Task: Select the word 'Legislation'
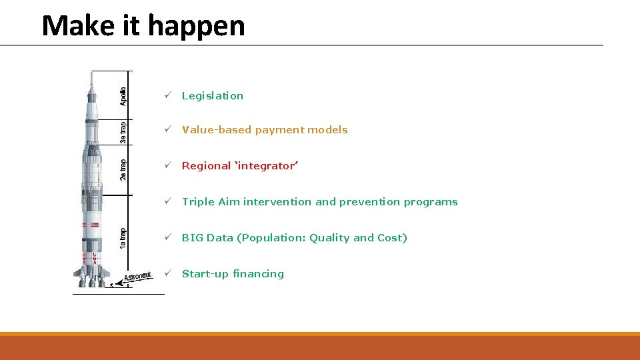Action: coord(213,96)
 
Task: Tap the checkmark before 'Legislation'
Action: coord(169,96)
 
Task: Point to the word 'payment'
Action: coord(283,130)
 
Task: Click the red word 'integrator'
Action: coord(266,166)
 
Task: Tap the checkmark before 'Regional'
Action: coord(169,166)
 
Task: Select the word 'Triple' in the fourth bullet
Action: coord(198,202)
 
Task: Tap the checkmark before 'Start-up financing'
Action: coord(169,274)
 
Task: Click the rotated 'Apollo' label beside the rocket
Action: coord(123,96)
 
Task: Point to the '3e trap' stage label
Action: coord(123,132)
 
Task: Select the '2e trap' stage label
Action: coord(123,169)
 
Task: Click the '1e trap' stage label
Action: coord(123,238)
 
